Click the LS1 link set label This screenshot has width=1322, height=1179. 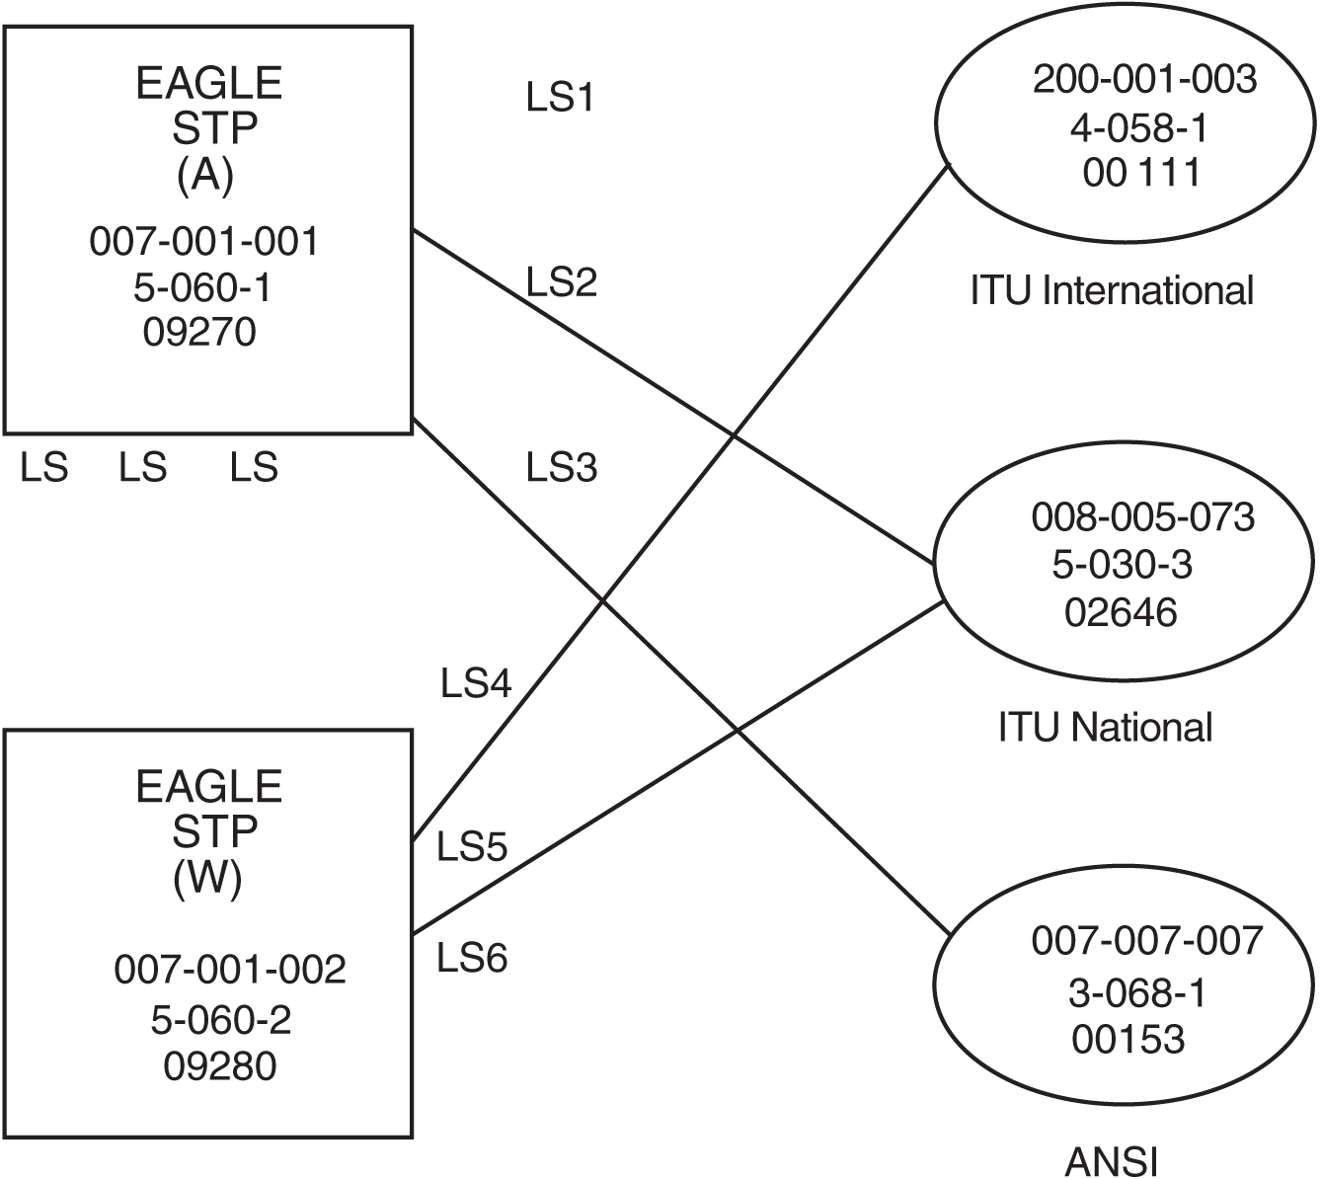560,100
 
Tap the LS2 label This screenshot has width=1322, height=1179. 561,283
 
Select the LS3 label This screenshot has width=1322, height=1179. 561,467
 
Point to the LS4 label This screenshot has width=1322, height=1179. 476,684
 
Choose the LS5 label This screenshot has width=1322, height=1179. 472,847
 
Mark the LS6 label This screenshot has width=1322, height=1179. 472,958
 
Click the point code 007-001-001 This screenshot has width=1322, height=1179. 204,242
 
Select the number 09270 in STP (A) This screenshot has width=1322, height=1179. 199,333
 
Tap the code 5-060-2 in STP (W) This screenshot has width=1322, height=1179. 221,1020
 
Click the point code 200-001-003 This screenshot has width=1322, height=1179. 1145,80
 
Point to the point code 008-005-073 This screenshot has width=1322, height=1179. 1142,517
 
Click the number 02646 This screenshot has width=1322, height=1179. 1121,613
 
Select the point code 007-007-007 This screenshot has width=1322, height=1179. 1147,941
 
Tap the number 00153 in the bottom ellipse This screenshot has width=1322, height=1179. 1128,1039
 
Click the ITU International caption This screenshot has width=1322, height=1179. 1112,291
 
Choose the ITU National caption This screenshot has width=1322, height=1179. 1105,728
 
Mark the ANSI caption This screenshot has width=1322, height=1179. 1111,1161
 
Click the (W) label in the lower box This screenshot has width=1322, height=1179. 207,878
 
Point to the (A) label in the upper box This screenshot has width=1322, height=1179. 205,175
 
